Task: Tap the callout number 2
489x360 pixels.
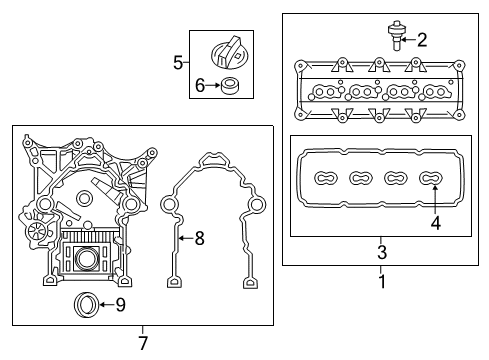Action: click(x=422, y=40)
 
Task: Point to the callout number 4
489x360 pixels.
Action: click(x=435, y=223)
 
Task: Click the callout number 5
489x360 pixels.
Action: click(x=178, y=62)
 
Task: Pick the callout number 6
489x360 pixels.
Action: click(x=200, y=86)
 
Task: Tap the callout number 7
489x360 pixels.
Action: click(x=143, y=342)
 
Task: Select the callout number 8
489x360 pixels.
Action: click(x=199, y=238)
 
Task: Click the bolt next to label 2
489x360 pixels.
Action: click(x=397, y=37)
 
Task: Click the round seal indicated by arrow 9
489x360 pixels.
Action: click(x=89, y=303)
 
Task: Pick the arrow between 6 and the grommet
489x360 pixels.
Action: click(x=213, y=86)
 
